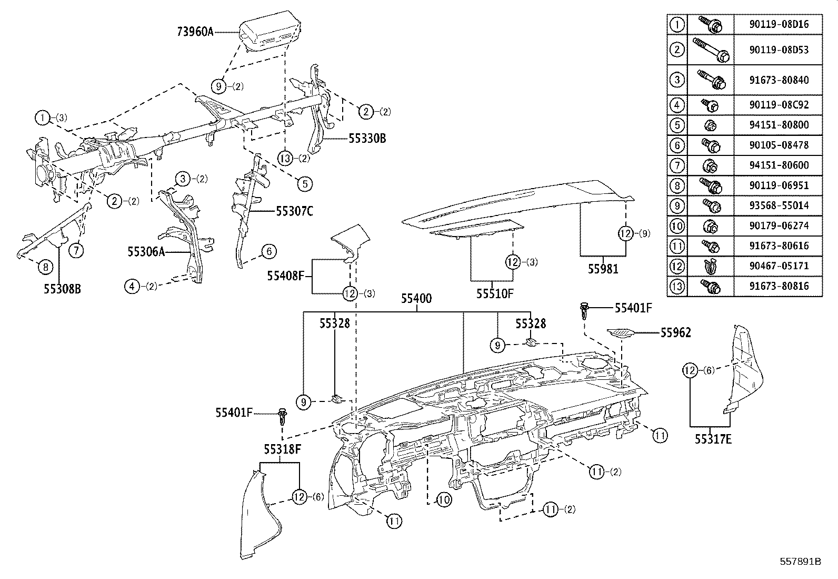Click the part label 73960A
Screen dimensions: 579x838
point(195,32)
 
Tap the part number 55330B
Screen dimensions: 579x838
point(367,139)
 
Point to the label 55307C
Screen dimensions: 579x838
point(294,211)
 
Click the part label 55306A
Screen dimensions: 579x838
point(146,252)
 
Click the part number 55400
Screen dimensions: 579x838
point(416,299)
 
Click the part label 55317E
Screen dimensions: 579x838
point(713,438)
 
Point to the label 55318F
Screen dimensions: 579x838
point(283,449)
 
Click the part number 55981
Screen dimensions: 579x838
point(603,269)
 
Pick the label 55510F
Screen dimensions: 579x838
point(494,294)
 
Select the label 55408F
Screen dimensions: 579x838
point(286,276)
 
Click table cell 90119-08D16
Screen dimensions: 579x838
point(778,24)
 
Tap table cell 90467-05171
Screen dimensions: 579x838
point(778,266)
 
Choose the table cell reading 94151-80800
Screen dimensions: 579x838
point(778,125)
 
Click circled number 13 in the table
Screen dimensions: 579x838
point(677,286)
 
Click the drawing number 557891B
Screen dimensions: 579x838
point(800,562)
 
